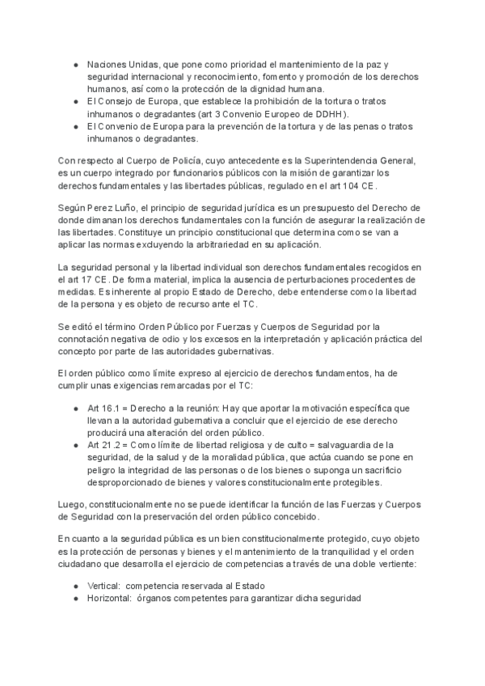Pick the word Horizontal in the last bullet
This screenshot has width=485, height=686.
coord(109,599)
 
